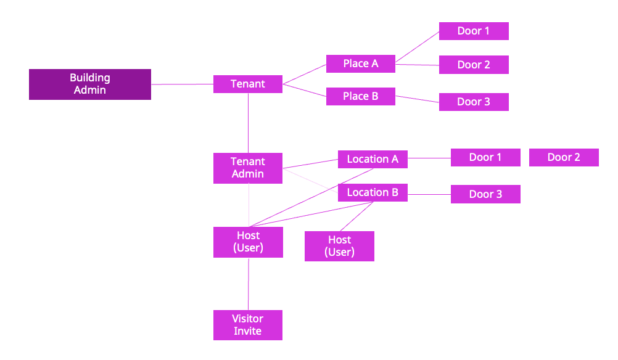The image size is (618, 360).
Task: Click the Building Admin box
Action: pyautogui.click(x=90, y=84)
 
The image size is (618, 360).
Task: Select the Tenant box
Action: pyautogui.click(x=248, y=84)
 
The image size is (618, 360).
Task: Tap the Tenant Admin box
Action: pyautogui.click(x=248, y=168)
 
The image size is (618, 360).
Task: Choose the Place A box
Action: pyautogui.click(x=361, y=63)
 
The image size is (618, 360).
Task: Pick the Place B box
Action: pyautogui.click(x=361, y=96)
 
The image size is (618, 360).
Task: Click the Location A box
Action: pyautogui.click(x=373, y=159)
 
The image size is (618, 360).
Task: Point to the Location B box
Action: pyautogui.click(x=373, y=192)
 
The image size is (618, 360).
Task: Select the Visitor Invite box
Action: pyautogui.click(x=248, y=325)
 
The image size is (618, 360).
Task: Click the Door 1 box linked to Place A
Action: pyautogui.click(x=474, y=31)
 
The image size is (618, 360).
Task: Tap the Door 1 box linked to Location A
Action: pyautogui.click(x=485, y=157)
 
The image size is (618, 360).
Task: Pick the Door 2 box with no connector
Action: pyautogui.click(x=564, y=157)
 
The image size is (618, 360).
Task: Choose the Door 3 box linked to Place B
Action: pyautogui.click(x=474, y=102)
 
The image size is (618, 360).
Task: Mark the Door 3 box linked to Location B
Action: pyautogui.click(x=485, y=194)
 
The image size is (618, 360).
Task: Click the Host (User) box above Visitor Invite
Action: pyautogui.click(x=248, y=242)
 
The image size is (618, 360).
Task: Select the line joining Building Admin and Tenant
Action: pyautogui.click(x=182, y=84)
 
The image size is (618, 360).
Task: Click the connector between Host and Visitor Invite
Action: pyautogui.click(x=248, y=284)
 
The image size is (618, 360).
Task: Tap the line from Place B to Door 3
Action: pyautogui.click(x=417, y=99)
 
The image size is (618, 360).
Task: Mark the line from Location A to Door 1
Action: pyautogui.click(x=429, y=158)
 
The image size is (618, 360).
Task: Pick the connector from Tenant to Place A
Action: pyautogui.click(x=304, y=74)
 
